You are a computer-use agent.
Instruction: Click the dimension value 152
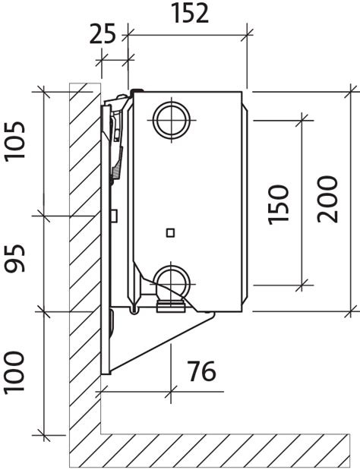click(190, 14)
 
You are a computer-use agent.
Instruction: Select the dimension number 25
click(103, 34)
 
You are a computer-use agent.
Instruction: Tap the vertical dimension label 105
click(14, 141)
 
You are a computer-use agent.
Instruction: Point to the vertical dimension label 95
click(14, 258)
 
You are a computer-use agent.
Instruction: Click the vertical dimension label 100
click(14, 372)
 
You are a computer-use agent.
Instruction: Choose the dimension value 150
click(278, 204)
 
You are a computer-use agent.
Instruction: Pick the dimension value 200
click(327, 199)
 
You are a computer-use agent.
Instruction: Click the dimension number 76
click(201, 371)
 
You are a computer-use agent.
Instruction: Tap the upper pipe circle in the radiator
click(172, 121)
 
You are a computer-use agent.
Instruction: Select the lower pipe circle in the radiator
click(172, 283)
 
